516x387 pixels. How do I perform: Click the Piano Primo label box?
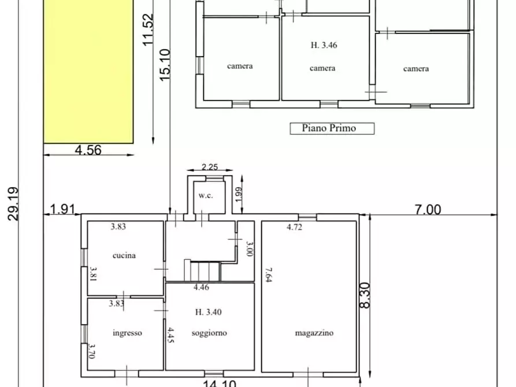(332, 128)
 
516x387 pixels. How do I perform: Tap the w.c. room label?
(206, 195)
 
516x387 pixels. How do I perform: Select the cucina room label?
(124, 255)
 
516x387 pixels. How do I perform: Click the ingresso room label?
(127, 333)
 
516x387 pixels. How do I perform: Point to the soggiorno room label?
(209, 333)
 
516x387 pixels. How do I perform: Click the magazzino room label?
(314, 333)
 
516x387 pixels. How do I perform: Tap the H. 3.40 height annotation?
(209, 312)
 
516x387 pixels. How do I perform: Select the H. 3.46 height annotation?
(322, 44)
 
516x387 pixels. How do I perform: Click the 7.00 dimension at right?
(427, 209)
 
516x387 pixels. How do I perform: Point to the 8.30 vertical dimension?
(365, 295)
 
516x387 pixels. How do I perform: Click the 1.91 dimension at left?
(64, 209)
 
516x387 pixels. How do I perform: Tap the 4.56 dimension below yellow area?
(88, 150)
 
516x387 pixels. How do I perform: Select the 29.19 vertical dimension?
(13, 203)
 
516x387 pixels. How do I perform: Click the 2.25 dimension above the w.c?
(209, 168)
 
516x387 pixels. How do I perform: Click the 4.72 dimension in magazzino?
(295, 227)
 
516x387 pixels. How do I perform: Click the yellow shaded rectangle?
(89, 69)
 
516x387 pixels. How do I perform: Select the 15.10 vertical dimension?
(165, 64)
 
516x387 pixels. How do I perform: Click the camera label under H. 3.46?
(322, 68)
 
